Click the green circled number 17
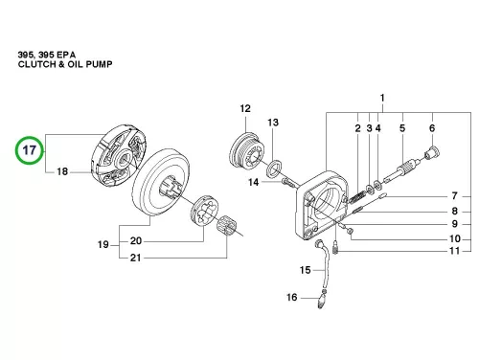[30, 150]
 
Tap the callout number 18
[62, 171]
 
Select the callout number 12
[245, 108]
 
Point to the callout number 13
[273, 123]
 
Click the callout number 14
[254, 182]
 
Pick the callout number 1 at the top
[382, 98]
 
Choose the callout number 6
[432, 128]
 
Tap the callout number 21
[135, 258]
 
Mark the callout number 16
[292, 297]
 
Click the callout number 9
[455, 224]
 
